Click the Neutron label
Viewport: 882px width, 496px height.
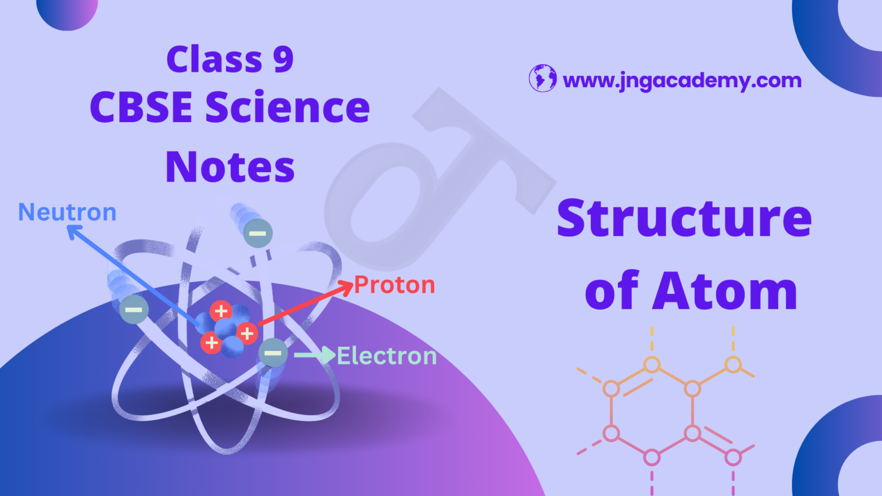[x=67, y=212]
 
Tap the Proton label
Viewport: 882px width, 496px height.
[x=394, y=285]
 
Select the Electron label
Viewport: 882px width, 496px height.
[x=386, y=356]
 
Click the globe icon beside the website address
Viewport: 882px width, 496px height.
[x=543, y=78]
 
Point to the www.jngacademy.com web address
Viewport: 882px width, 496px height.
[x=682, y=81]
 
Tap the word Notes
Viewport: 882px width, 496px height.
[x=230, y=166]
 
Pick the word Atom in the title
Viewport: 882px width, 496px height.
[x=725, y=290]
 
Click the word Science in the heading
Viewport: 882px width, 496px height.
[x=288, y=107]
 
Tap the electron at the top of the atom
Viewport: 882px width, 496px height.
[x=258, y=234]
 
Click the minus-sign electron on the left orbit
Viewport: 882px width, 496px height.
[x=134, y=310]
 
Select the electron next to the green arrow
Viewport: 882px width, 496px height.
[x=273, y=352]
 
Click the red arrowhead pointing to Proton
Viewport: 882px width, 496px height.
[x=346, y=286]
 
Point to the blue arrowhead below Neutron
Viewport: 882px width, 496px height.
[x=73, y=231]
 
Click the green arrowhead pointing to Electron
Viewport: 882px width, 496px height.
[x=328, y=355]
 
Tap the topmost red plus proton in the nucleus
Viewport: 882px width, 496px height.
[x=221, y=311]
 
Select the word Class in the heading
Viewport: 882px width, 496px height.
[x=215, y=59]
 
